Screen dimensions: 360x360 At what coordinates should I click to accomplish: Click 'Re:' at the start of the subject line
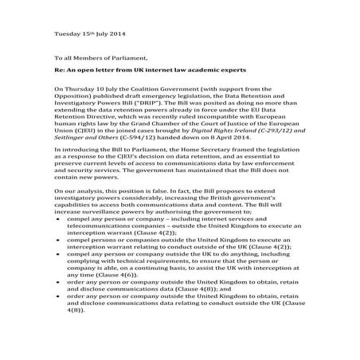(59, 72)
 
